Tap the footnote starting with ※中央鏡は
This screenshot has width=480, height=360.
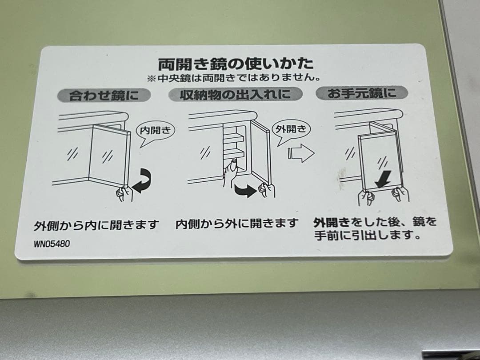click(x=235, y=78)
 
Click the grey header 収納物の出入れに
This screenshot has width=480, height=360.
click(x=235, y=94)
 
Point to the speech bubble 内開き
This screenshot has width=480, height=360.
click(x=152, y=131)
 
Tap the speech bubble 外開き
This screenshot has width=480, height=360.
click(x=291, y=129)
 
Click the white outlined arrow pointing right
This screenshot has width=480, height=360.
click(x=301, y=153)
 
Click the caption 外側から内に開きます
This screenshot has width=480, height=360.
click(x=96, y=225)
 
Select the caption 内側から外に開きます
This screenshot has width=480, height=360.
click(x=236, y=223)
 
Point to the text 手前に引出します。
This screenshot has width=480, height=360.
click(x=367, y=235)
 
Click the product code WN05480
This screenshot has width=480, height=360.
click(x=52, y=244)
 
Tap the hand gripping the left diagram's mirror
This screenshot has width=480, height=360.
click(x=124, y=193)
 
